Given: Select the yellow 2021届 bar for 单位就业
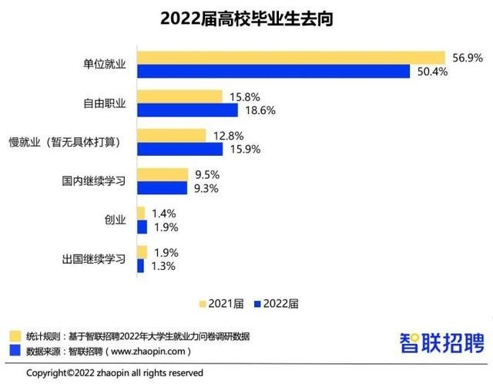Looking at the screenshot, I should pos(290,58).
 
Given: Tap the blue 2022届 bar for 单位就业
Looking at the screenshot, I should pos(273,72).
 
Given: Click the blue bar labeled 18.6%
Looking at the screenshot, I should pos(187,111).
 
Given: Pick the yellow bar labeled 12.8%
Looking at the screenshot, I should pos(171,136).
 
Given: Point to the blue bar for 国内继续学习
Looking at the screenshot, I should pos(162,188).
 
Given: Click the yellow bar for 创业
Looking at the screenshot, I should pos(140,213).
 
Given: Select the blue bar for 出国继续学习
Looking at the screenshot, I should pos(140,266).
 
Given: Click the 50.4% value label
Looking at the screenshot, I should pos(431,72).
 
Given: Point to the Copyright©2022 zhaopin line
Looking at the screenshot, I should pos(115,372).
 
